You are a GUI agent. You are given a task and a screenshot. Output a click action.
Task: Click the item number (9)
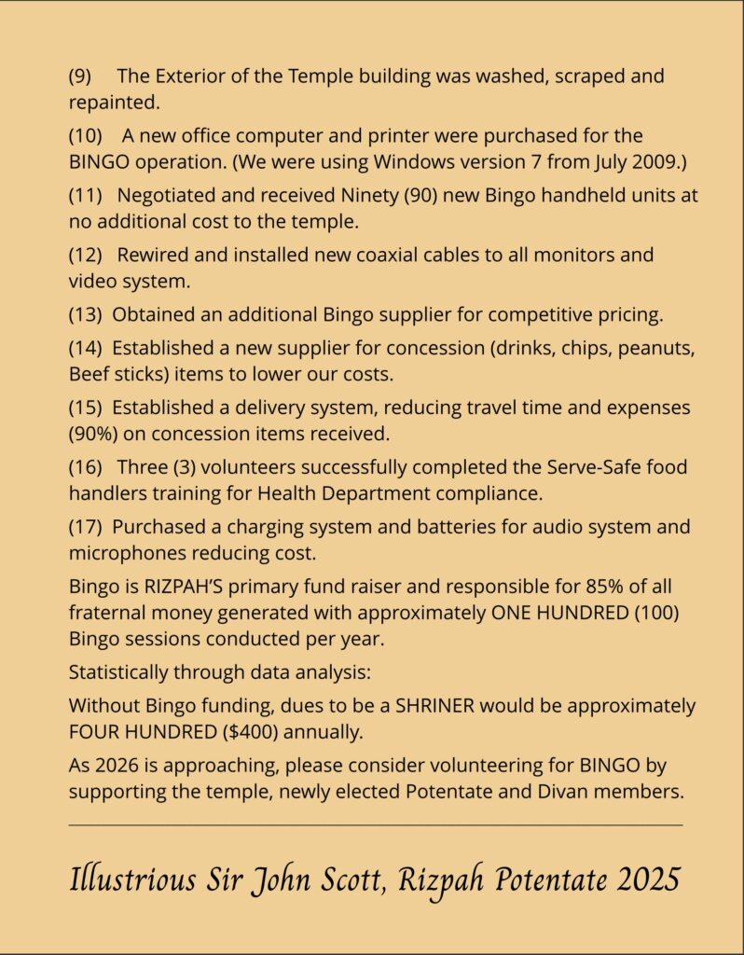click(x=80, y=76)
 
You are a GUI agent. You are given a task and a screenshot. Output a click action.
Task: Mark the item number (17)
click(x=86, y=526)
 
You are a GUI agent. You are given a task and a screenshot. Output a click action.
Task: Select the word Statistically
click(x=124, y=671)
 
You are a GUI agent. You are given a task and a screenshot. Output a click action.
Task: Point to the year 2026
click(x=119, y=766)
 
